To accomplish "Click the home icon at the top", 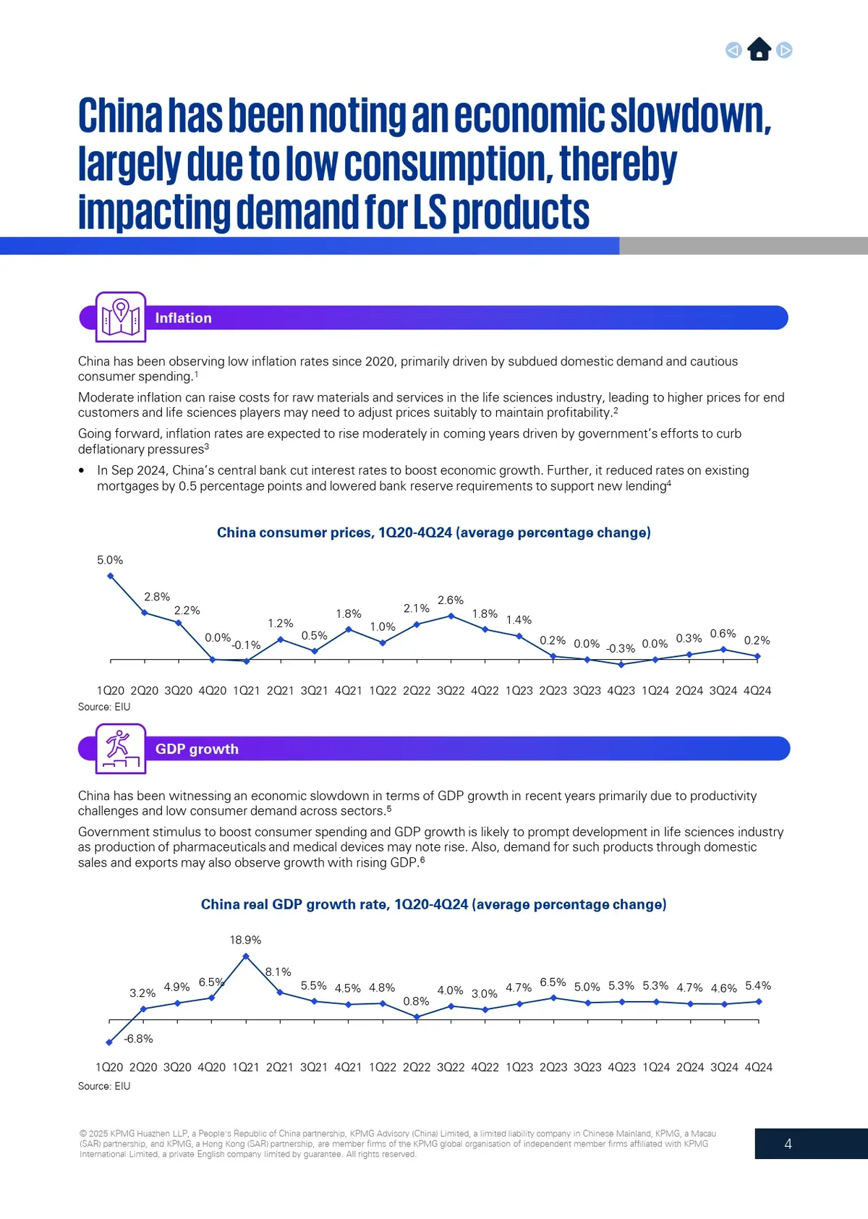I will (759, 49).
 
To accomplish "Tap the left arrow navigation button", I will (733, 50).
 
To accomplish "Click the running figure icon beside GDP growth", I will (121, 748).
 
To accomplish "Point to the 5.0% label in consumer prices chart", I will (110, 560).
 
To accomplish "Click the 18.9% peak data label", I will (245, 940).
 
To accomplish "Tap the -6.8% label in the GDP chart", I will (138, 1039).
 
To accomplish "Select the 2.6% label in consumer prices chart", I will (451, 600).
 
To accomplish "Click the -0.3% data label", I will (621, 649).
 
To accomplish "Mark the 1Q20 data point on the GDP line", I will (109, 1042).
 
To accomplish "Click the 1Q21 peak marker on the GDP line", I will (246, 956).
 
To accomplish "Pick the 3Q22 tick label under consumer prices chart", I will (451, 691).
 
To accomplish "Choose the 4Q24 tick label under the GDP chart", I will (758, 1067).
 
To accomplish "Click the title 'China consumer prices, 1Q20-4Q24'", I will (433, 532).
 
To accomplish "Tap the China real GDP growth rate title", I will (433, 904).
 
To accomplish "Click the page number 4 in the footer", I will (788, 1144).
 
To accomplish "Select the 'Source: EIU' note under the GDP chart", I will (104, 1086).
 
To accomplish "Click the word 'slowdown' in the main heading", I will (690, 116).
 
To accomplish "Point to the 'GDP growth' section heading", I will (197, 749).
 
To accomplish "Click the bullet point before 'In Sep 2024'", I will (82, 471).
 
